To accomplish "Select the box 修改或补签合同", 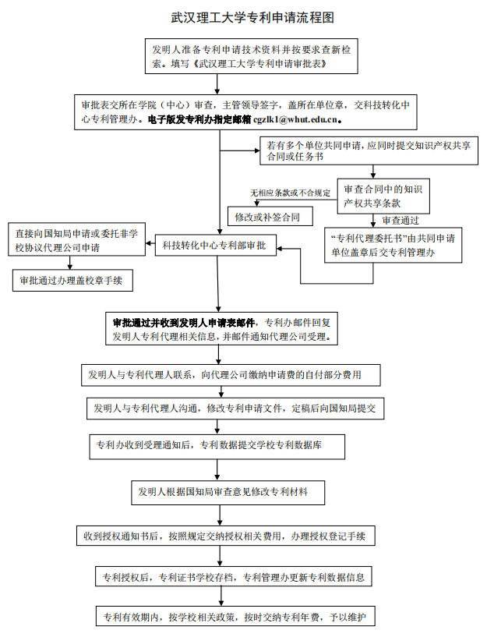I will click(x=267, y=217).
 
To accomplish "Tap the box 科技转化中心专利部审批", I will click(x=214, y=246).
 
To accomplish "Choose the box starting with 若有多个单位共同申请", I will click(x=362, y=151).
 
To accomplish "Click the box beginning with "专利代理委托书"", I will click(x=394, y=245).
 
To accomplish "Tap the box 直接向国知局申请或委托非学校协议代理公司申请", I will click(x=76, y=240).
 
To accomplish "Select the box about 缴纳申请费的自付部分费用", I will click(x=231, y=375).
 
